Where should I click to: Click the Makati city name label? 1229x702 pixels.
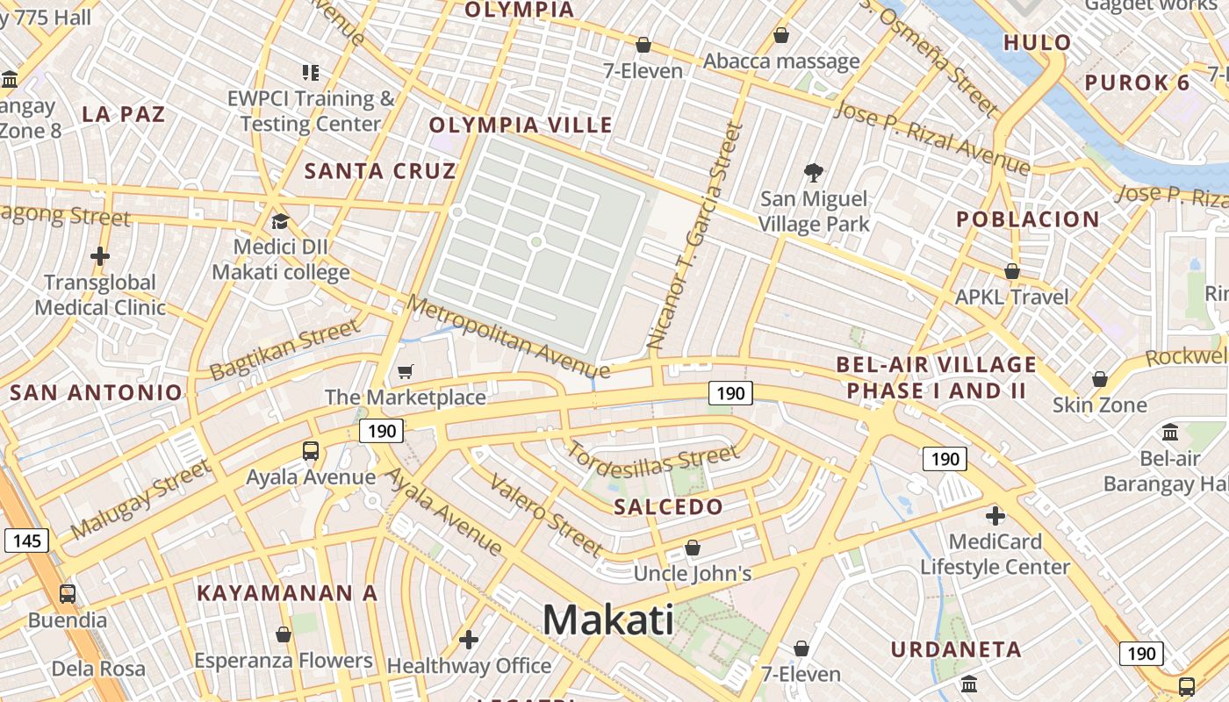[x=607, y=620]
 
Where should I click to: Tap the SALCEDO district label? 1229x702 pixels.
[x=668, y=506]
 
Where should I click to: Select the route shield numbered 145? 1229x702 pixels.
[x=26, y=541]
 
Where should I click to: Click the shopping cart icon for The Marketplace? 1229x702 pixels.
[x=405, y=372]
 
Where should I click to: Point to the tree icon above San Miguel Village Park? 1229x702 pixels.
[x=814, y=173]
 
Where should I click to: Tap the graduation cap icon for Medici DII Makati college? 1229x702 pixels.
[x=280, y=222]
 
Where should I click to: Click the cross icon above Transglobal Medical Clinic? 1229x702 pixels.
[x=100, y=256]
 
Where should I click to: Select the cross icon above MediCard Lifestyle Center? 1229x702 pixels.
[x=995, y=515]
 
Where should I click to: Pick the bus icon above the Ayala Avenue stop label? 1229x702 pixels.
[x=311, y=451]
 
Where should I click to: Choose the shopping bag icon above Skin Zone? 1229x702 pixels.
[x=1099, y=379]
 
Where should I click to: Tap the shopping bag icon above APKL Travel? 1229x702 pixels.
[x=1011, y=271]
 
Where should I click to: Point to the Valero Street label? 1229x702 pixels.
[x=546, y=516]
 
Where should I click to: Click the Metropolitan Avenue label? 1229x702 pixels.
[x=507, y=338]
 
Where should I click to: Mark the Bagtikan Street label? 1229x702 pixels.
[x=284, y=349]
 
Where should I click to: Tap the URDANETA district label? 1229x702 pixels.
[x=956, y=650]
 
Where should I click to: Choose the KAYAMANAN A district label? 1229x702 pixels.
[x=287, y=593]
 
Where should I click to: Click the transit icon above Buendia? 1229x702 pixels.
[x=68, y=593]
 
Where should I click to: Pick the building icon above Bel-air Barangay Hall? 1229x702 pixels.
[x=1169, y=432]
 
